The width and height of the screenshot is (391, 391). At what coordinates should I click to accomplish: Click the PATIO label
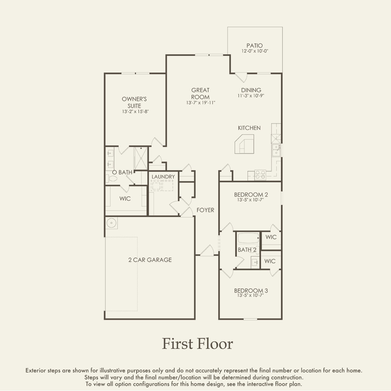(x=255, y=45)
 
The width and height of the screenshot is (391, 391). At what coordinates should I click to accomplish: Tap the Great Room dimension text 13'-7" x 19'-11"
(x=201, y=103)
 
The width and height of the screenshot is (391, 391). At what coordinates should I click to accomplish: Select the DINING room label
(x=251, y=90)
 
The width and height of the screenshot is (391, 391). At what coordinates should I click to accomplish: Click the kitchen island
(x=244, y=144)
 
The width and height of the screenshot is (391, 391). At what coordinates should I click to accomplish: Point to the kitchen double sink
(x=276, y=150)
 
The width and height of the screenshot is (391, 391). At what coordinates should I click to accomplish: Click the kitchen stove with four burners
(x=260, y=175)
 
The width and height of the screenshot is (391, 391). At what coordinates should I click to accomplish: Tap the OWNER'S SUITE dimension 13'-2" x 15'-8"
(x=136, y=111)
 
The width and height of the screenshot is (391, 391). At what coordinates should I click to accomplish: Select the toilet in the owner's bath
(x=112, y=179)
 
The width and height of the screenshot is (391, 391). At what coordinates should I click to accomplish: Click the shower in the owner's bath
(x=141, y=159)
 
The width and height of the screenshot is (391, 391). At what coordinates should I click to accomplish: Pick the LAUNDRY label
(x=163, y=177)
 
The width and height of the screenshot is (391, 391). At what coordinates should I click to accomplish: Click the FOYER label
(x=205, y=210)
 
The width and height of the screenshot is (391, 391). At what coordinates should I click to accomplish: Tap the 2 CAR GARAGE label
(x=150, y=260)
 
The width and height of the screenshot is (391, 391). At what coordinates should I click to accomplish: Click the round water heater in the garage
(x=111, y=223)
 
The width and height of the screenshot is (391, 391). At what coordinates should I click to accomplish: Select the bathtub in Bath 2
(x=248, y=238)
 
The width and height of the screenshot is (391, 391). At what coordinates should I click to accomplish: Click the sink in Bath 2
(x=255, y=262)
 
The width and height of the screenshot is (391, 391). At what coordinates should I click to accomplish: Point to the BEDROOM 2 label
(x=251, y=195)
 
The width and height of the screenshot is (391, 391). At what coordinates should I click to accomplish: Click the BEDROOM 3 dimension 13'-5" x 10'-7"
(x=250, y=295)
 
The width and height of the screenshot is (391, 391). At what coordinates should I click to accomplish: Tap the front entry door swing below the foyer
(x=207, y=250)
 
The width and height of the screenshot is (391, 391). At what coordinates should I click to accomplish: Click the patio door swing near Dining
(x=241, y=78)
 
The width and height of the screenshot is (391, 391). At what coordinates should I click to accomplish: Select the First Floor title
(x=197, y=344)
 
